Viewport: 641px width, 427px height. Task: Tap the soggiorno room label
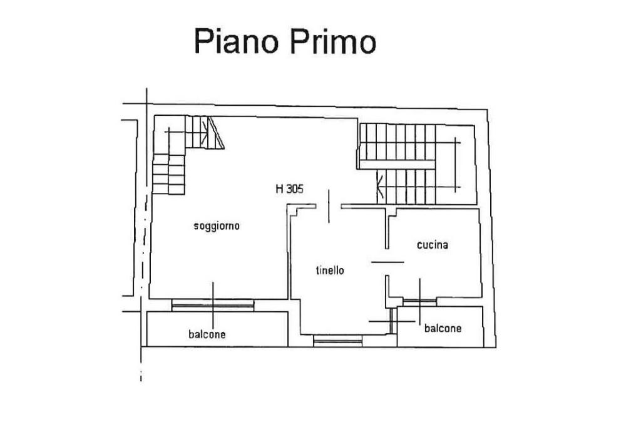click(217, 226)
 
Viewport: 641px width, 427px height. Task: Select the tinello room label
click(329, 270)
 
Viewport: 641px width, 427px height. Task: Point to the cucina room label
click(433, 245)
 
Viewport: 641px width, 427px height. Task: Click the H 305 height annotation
click(290, 189)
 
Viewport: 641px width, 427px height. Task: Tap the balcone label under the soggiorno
click(207, 334)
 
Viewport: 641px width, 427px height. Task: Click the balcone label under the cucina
click(443, 328)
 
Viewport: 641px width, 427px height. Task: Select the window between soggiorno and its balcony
click(213, 306)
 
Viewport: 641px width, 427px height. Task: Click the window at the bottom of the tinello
click(338, 340)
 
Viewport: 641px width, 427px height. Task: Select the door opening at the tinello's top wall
click(329, 206)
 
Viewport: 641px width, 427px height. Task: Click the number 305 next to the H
click(295, 189)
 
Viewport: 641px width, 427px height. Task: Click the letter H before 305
click(279, 189)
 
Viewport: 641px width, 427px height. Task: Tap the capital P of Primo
click(298, 41)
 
